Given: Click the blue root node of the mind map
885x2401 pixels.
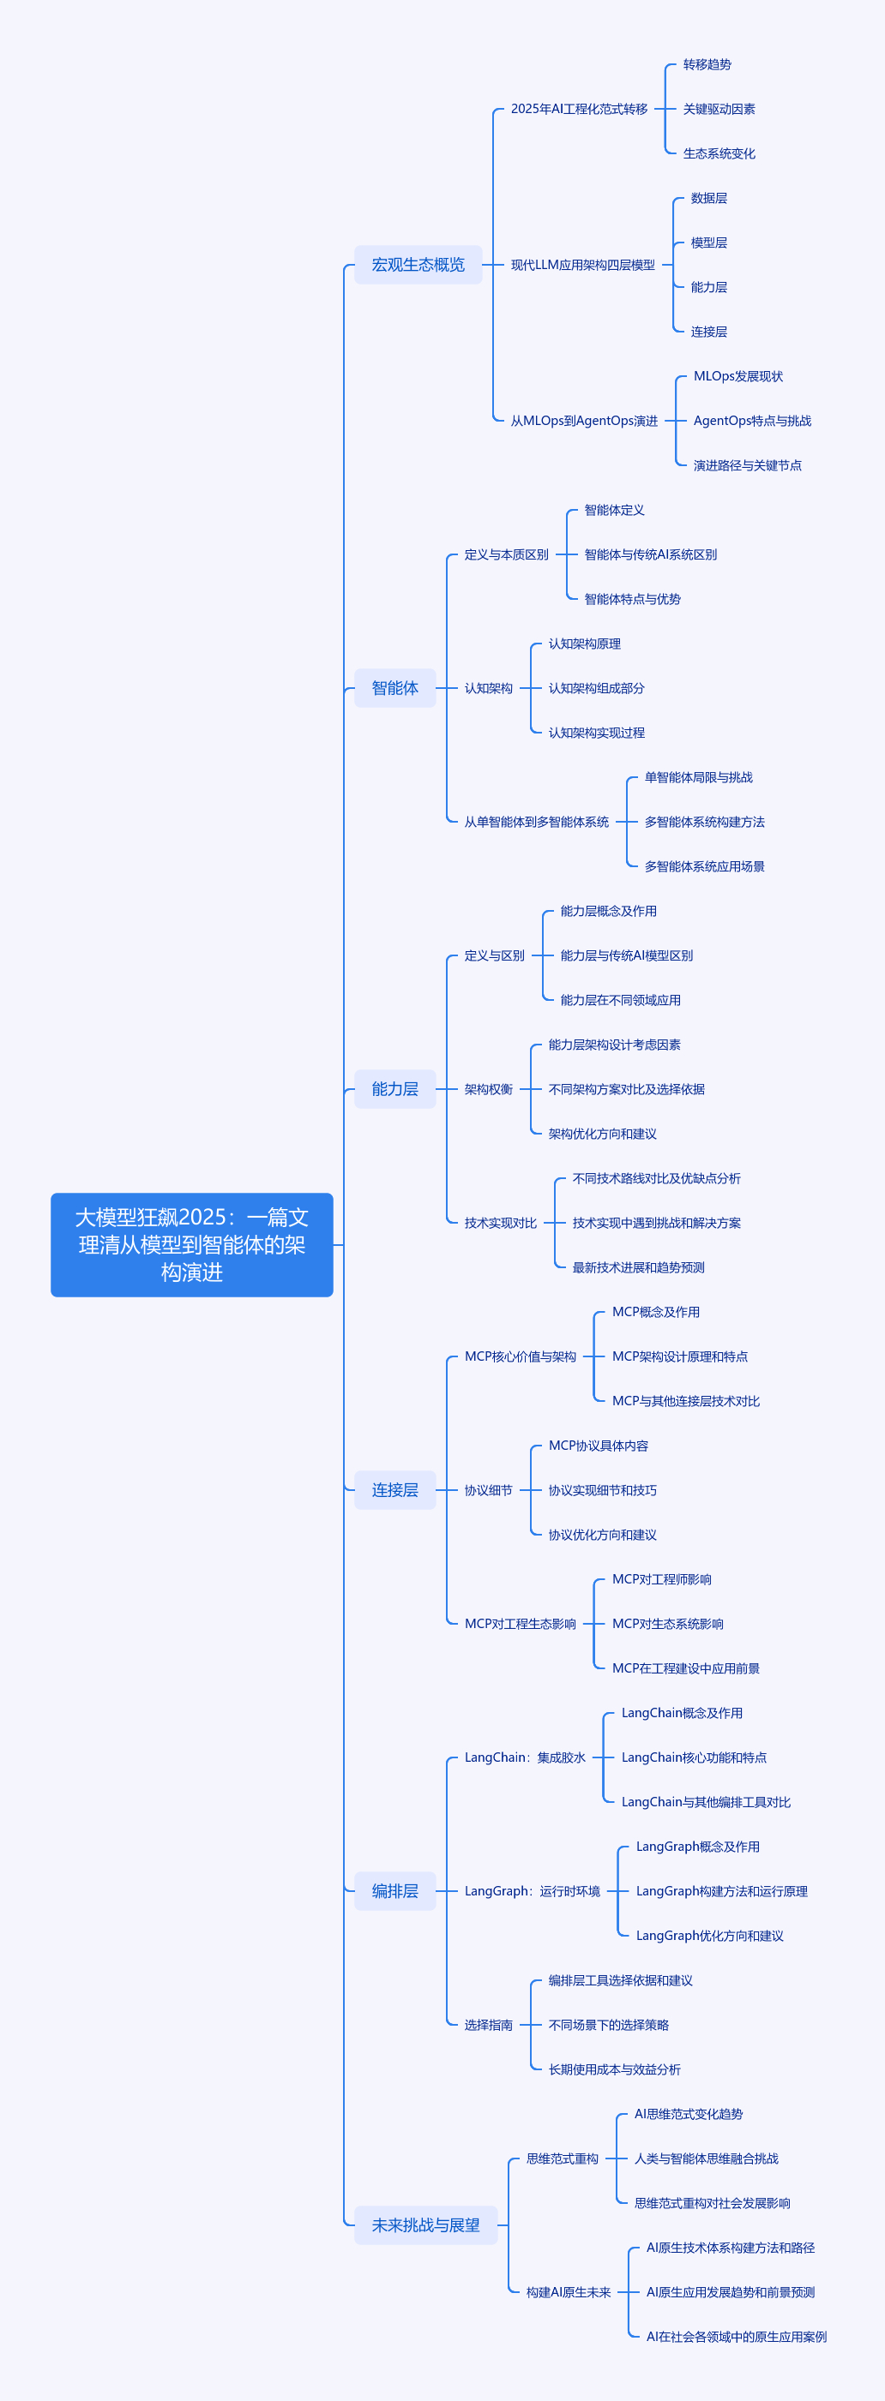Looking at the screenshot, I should [191, 1244].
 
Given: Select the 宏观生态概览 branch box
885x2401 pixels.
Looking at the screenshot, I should [418, 265].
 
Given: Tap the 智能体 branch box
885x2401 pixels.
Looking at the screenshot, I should [394, 688].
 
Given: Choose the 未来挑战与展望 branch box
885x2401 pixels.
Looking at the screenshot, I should [425, 2224].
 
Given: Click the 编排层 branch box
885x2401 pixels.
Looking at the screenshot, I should [394, 1891].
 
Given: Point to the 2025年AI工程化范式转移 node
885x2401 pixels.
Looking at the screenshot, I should [578, 109].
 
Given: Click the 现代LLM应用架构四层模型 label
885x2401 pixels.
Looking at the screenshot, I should [582, 265].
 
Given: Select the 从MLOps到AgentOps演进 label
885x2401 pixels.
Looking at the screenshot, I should [584, 422].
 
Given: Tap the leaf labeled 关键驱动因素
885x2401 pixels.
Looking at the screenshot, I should [718, 109].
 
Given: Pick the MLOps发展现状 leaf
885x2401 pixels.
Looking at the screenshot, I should [737, 376].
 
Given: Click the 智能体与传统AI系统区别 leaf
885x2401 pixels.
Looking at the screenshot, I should [650, 554].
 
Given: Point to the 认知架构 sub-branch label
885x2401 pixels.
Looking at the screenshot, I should [488, 688].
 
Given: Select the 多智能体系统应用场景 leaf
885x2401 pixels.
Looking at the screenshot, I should [704, 867].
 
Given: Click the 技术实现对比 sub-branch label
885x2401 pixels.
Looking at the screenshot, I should [500, 1223].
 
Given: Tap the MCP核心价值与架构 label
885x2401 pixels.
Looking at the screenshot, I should [521, 1357].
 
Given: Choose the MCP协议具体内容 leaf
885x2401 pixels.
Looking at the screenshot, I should [598, 1446].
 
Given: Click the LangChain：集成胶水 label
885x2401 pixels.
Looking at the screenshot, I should [525, 1757].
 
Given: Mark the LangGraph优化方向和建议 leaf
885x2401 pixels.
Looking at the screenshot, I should [708, 1936].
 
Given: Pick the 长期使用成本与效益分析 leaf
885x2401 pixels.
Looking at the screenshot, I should [614, 2069].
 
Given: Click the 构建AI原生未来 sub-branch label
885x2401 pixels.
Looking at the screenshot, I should [568, 2292].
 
